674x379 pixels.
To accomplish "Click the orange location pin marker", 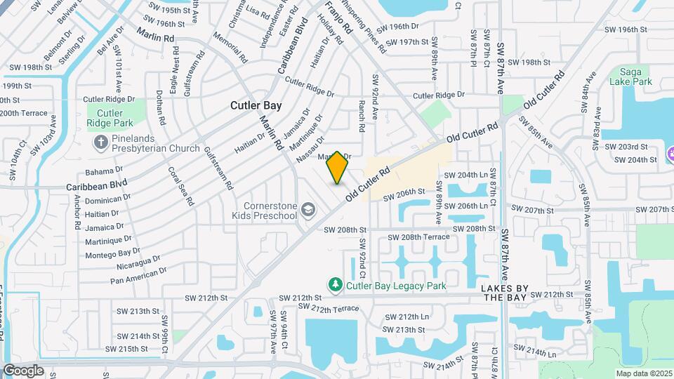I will [338, 168].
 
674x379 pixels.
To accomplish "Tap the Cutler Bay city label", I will [257, 105].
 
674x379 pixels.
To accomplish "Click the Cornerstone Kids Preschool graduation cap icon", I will [308, 209].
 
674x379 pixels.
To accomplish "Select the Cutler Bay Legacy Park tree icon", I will [336, 285].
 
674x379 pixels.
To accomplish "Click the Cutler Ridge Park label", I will [110, 118].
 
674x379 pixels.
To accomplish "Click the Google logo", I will [23, 370].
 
